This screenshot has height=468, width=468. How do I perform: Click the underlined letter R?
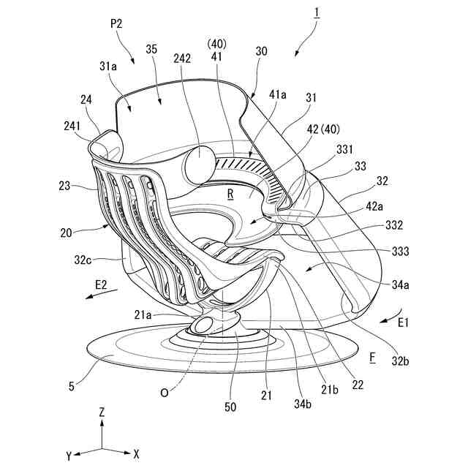[x=230, y=195]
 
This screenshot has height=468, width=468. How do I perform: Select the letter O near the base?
[x=165, y=392]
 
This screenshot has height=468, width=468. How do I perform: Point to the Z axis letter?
[x=102, y=412]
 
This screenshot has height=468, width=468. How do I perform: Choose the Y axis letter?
[x=68, y=456]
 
